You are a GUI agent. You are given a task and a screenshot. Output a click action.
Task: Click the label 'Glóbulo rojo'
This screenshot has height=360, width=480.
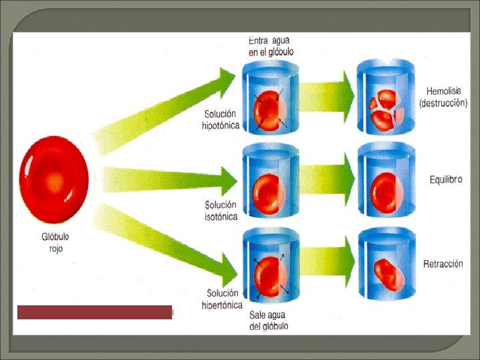[x=54, y=242]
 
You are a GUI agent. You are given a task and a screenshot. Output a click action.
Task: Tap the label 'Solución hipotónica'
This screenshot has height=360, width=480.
[x=221, y=120]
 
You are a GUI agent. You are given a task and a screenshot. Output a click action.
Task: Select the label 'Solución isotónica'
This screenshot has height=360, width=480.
[x=221, y=211]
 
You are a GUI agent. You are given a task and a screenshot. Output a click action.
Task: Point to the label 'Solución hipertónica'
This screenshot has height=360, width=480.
[x=222, y=299]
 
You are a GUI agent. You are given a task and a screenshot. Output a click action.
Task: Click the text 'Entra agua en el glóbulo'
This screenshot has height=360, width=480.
[x=270, y=46]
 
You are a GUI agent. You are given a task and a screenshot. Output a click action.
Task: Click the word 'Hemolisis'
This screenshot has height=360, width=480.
[x=443, y=91]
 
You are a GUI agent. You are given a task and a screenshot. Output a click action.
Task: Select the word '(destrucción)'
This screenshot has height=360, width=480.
[x=443, y=103]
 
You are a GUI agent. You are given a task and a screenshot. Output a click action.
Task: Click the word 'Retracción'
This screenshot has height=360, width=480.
[x=443, y=264]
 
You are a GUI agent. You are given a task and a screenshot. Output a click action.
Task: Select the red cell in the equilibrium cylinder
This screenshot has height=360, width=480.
[x=385, y=191]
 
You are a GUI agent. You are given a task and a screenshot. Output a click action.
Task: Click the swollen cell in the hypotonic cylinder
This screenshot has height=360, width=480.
[x=271, y=111]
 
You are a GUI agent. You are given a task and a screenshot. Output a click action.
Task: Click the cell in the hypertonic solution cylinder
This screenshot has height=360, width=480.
[x=271, y=277]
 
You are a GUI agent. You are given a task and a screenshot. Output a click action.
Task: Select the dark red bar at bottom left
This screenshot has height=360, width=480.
[x=95, y=312]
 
